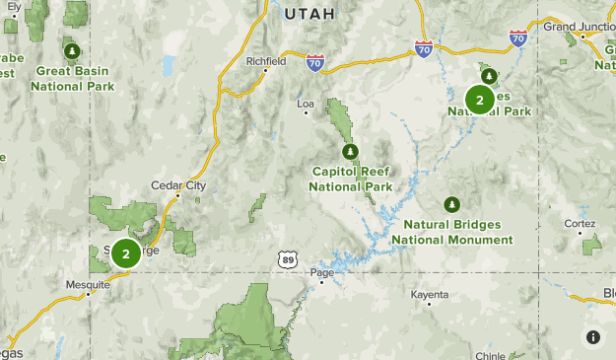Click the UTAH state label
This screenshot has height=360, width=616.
[309, 14]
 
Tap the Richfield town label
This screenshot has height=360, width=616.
[266, 61]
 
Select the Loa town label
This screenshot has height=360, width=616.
[305, 103]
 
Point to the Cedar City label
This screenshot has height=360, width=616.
[178, 184]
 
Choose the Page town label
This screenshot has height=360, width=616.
[322, 272]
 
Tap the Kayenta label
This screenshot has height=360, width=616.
[430, 295]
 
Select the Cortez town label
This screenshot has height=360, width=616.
[580, 224]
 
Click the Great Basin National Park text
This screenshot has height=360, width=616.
[72, 78]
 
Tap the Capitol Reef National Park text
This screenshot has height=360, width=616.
[350, 179]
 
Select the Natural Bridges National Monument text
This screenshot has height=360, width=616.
[451, 232]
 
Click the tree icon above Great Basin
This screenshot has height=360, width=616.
[71, 50]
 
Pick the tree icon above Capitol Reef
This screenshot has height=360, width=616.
[349, 151]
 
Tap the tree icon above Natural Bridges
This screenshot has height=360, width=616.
[451, 204]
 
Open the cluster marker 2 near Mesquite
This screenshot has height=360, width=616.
[125, 253]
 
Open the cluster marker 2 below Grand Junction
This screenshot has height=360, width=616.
[480, 100]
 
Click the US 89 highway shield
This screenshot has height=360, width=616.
[286, 258]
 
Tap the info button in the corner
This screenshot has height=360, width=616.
[593, 337]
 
